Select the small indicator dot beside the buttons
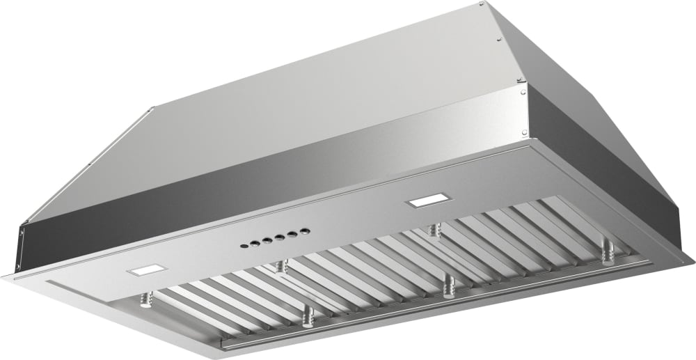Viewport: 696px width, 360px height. click(243, 245)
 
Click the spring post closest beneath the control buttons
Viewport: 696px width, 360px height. click(281, 266)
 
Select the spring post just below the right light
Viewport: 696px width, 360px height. click(435, 229)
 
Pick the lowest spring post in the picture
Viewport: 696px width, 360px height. click(307, 317)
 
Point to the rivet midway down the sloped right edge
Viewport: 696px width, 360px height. click(499, 39)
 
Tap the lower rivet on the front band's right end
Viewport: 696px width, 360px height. click(523, 132)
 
